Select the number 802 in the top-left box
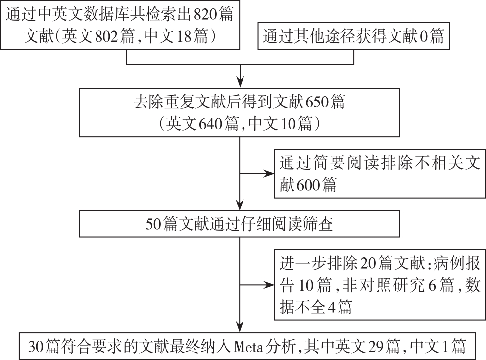[106, 36]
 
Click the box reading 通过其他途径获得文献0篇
[354, 36]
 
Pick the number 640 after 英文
[211, 124]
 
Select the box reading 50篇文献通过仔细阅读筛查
[239, 224]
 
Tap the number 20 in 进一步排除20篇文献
[368, 263]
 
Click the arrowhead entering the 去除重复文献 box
[240, 82]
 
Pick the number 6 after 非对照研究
[432, 285]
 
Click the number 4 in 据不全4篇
[331, 307]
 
